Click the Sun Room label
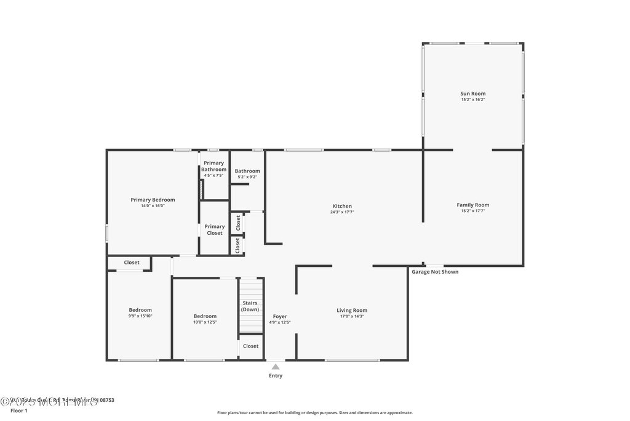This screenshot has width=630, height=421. pos(473,94)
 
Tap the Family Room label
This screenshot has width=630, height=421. pos(473,205)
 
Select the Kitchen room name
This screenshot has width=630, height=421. pos(342,206)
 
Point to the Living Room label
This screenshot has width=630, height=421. pos(352,310)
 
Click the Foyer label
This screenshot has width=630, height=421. pos(279,316)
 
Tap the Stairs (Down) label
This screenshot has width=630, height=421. pos(250,306)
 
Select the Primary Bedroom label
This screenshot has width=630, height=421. pos(153,200)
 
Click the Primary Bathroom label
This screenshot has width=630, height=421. pos(213,166)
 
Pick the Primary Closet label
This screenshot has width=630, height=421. pos(215,229)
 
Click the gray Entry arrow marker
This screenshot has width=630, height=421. pos(276,367)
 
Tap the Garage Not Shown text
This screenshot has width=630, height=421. pos(435,272)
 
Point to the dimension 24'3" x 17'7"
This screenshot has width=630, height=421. pos(342,212)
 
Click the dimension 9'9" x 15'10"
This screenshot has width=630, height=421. pos(140,316)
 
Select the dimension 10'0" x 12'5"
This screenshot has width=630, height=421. pos(205,322)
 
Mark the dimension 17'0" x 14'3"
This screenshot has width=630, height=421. pos(352,316)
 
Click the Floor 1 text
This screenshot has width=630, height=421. pos(20,410)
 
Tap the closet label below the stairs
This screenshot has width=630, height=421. pos(250,346)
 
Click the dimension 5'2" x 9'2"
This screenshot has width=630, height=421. pos(247,177)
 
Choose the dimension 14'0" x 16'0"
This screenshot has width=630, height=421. pos(153,206)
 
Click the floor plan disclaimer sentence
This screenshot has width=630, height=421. pos(314,413)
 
